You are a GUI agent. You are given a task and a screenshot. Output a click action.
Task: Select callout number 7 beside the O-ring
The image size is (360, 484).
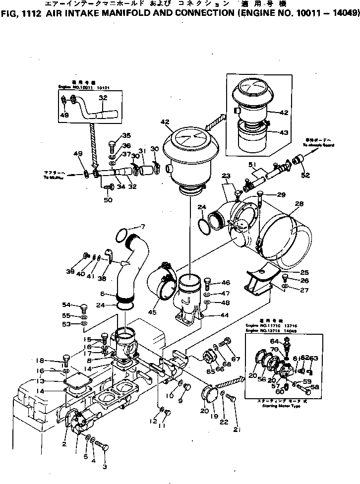pos(143,227)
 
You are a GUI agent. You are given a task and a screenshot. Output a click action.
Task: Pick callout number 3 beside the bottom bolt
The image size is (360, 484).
pos(104,466)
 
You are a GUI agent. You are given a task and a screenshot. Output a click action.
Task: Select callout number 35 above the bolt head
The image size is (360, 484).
pos(126,135)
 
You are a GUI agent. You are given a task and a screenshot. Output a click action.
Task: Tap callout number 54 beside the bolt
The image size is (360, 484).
pos(66,305)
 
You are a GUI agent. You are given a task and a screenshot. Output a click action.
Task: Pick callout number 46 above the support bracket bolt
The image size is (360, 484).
pos(226,283)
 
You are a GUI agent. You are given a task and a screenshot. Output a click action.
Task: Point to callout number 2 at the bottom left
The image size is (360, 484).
pos(64,444)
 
